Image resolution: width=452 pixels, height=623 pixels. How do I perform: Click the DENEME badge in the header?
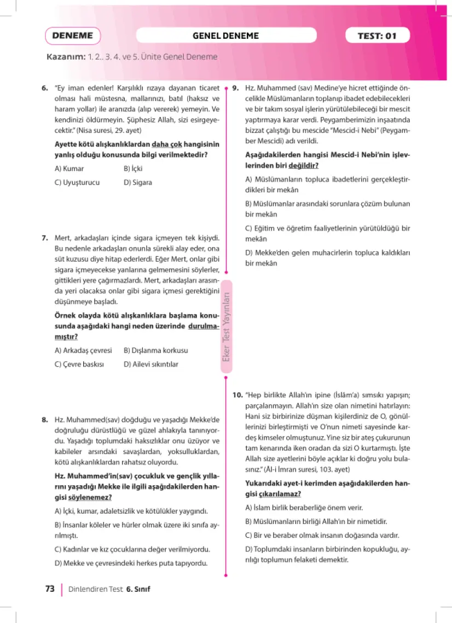73,36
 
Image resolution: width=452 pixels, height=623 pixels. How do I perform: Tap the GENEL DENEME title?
225,36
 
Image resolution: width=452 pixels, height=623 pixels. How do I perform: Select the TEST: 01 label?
376,36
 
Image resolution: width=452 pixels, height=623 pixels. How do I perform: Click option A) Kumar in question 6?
69,169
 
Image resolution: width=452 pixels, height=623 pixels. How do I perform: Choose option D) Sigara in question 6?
138,183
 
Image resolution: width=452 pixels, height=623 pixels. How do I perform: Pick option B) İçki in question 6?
133,169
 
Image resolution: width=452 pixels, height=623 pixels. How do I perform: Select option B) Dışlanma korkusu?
155,350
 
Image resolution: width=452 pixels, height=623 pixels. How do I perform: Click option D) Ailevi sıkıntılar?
151,364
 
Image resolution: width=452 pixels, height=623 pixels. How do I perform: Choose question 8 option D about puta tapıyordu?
131,563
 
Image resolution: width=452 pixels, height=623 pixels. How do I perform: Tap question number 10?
237,395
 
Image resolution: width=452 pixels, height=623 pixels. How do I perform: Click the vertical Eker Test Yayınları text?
227,328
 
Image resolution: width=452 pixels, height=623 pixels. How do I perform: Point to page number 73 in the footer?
50,589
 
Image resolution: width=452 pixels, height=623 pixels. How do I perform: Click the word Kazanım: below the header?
66,57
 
